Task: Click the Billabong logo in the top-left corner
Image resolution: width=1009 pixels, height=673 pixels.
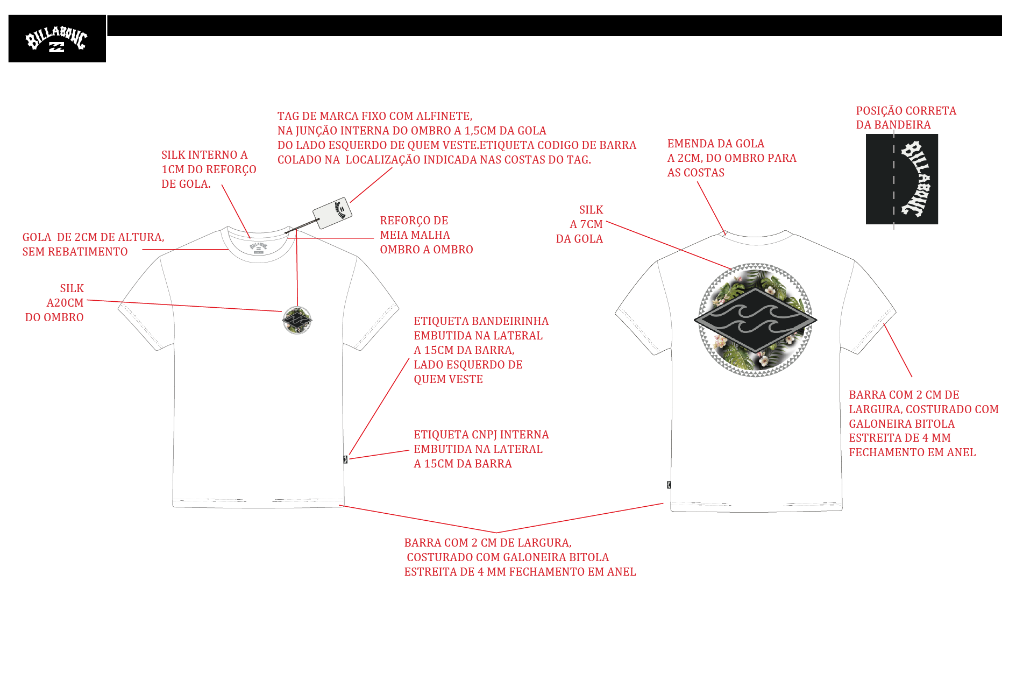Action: coord(57,39)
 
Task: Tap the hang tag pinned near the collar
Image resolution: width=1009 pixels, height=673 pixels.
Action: coord(332,213)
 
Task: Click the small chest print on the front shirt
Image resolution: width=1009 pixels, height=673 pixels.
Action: coord(297,320)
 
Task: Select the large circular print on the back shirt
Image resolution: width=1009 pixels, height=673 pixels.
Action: coord(756,320)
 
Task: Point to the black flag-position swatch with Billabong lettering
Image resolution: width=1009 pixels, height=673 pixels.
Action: coord(902,179)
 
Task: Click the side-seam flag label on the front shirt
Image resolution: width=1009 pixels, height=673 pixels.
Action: coord(345,459)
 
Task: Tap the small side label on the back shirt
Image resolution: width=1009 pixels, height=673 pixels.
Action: coord(669,485)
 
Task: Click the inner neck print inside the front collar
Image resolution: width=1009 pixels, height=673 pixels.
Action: coord(259,248)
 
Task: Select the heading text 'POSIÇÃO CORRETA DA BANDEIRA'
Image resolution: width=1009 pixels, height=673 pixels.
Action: coord(906,118)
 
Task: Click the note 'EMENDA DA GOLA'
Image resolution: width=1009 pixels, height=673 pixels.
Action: coord(716,144)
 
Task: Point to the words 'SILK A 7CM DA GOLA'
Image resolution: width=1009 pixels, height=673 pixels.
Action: coord(580,224)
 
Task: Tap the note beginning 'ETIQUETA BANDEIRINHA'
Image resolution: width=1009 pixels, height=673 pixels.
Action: coord(481,350)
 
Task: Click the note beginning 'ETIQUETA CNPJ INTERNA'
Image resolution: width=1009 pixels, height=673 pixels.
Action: coord(481,449)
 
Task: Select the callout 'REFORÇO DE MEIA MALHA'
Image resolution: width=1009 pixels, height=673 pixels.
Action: coord(427,235)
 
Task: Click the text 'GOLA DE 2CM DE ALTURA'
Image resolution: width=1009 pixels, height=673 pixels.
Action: coord(94,237)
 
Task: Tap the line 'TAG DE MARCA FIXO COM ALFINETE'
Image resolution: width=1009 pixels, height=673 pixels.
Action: coord(375,116)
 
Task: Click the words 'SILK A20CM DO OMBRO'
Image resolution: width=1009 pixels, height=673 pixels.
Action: coord(54,303)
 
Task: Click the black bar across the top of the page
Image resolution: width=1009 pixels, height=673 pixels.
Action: coord(555,26)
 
